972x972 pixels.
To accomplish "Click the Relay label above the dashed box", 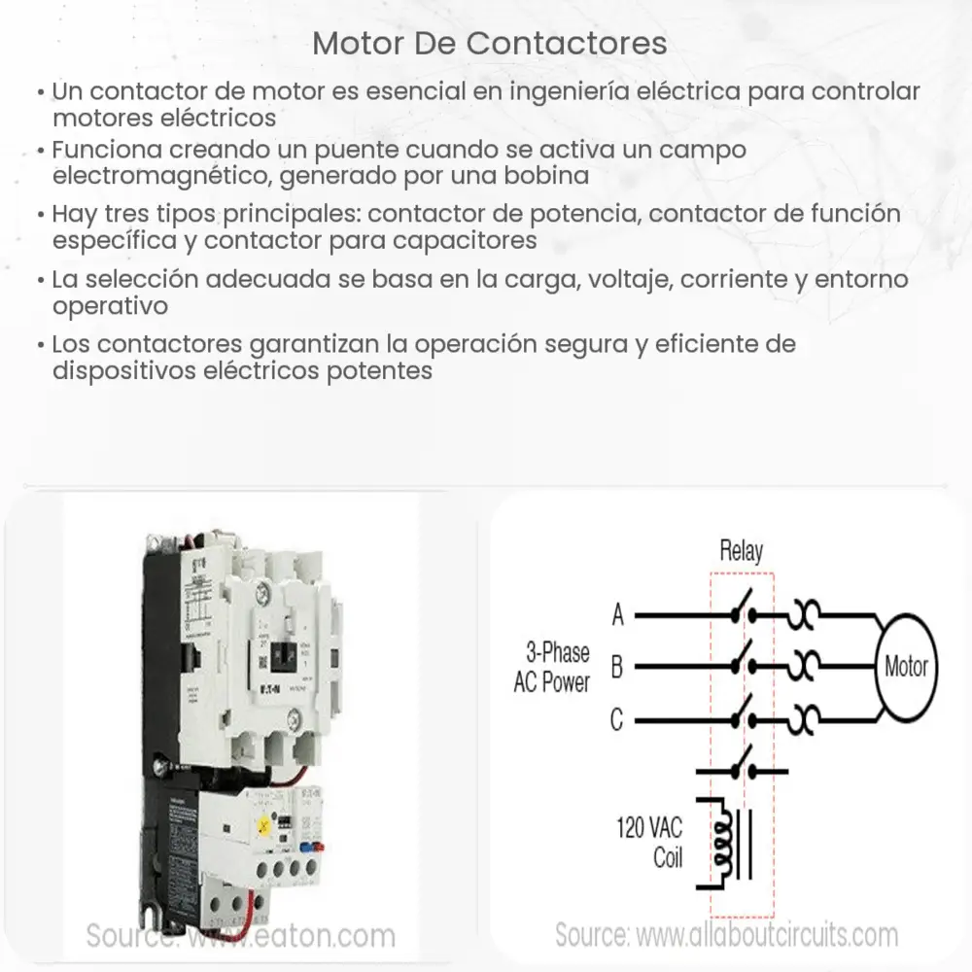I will pyautogui.click(x=741, y=551).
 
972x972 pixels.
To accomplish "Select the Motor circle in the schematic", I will pyautogui.click(x=906, y=667).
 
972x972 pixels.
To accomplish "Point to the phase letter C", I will pyautogui.click(x=617, y=720).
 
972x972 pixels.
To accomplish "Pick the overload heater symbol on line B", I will pyautogui.click(x=808, y=668).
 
